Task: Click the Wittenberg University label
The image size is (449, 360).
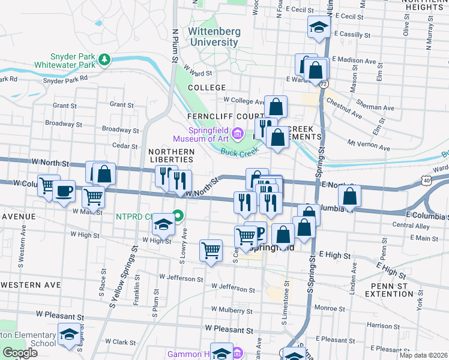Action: (x=214, y=37)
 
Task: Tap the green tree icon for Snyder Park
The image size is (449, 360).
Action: (x=105, y=59)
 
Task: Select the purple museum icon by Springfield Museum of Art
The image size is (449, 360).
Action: (x=238, y=132)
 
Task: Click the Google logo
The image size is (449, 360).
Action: (x=20, y=353)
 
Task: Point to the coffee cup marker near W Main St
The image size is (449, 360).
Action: (x=64, y=192)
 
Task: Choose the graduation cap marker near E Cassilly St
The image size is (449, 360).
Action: (x=319, y=27)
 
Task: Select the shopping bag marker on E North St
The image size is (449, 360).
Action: (x=349, y=196)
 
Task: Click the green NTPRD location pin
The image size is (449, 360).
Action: (x=178, y=215)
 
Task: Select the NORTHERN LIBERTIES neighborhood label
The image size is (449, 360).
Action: (x=172, y=155)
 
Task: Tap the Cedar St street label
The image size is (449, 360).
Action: (x=125, y=146)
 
